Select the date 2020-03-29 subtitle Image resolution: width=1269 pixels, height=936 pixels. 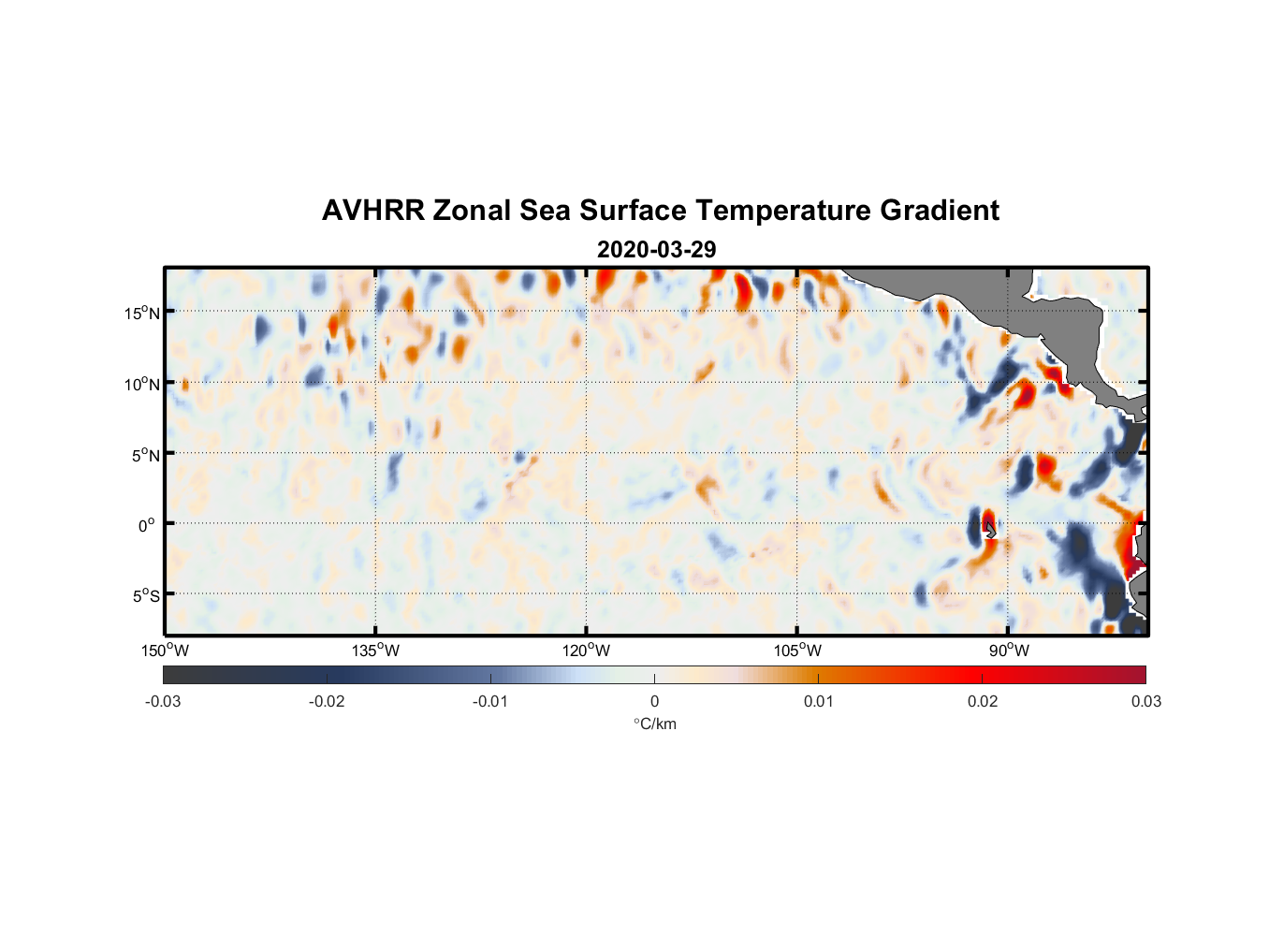[656, 250]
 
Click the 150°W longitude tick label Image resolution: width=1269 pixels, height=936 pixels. [165, 651]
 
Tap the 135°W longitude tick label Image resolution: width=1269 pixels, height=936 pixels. [375, 651]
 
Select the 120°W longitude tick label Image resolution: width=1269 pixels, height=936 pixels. [586, 651]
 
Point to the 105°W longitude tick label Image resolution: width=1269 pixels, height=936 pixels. [797, 651]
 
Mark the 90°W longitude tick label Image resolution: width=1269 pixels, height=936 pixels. [1009, 651]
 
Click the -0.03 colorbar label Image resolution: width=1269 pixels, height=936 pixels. [163, 701]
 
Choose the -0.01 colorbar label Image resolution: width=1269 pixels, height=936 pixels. [490, 701]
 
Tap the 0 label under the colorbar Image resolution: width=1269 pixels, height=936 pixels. [654, 701]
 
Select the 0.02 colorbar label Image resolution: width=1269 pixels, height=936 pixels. [983, 701]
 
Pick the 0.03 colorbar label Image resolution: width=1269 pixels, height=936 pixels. [1145, 701]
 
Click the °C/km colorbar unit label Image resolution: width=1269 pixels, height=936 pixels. [654, 724]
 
